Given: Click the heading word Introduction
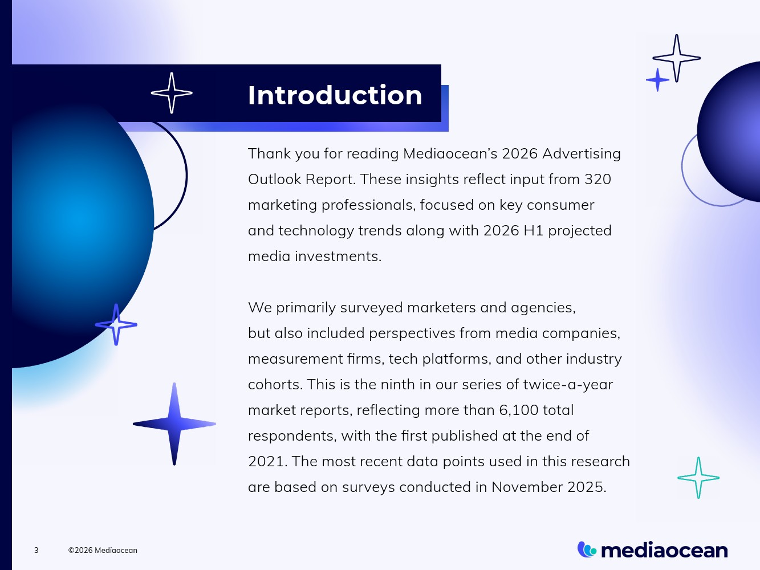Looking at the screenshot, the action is [x=335, y=95].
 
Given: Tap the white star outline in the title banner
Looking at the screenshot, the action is [x=172, y=93].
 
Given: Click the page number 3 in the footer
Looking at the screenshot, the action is [x=36, y=550].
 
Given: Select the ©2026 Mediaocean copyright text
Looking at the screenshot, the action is [x=103, y=550].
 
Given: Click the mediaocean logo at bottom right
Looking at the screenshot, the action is [x=653, y=550].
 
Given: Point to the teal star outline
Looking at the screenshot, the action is [x=698, y=478].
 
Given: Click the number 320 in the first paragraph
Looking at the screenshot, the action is [x=598, y=180].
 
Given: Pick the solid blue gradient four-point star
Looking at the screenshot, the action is [x=174, y=424].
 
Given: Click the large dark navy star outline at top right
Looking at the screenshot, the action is [x=677, y=58].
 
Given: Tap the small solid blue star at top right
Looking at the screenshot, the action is [x=657, y=80].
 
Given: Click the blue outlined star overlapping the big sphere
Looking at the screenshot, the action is [x=116, y=325].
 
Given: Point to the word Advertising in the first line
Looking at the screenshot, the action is [x=582, y=154].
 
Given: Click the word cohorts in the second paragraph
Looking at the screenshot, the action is [x=275, y=385].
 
